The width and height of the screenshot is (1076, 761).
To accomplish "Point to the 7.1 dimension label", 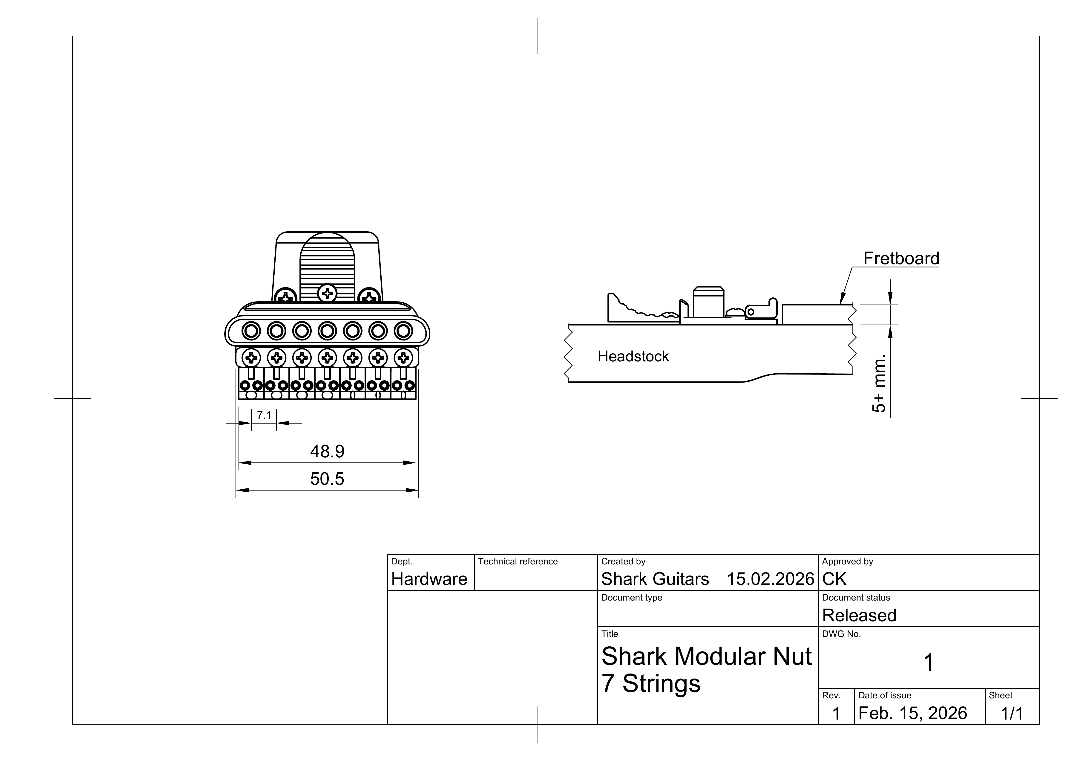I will [x=264, y=415].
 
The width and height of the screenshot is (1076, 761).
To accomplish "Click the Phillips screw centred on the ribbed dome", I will [x=327, y=294].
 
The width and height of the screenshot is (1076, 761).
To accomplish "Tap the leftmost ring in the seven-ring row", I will [x=251, y=331].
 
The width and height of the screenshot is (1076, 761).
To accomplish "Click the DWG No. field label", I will [x=841, y=634].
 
